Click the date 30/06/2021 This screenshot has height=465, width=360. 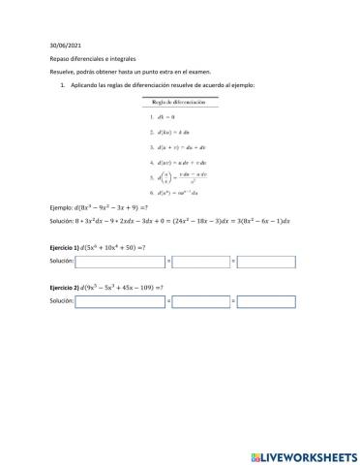(x=60, y=45)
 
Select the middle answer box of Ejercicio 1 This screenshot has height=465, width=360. (x=201, y=262)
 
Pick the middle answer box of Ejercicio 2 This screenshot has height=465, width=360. (x=201, y=302)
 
